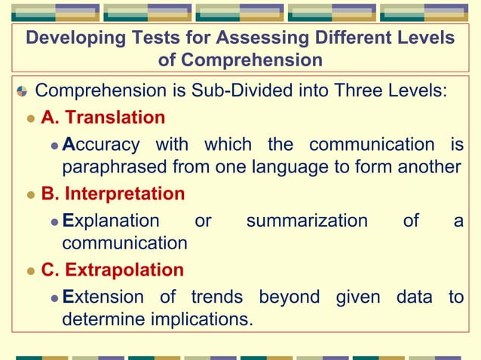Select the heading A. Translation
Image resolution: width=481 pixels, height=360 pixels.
click(x=103, y=117)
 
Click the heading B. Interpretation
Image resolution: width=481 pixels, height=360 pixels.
click(x=113, y=194)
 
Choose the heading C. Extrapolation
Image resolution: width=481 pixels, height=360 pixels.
click(x=112, y=270)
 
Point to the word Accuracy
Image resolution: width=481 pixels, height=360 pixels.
click(x=101, y=144)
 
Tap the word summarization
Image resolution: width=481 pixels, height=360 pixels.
click(x=307, y=221)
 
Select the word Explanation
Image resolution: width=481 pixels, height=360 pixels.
click(x=111, y=221)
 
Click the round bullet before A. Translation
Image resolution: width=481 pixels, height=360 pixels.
click(x=31, y=118)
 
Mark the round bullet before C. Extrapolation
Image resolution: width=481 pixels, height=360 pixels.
click(x=31, y=270)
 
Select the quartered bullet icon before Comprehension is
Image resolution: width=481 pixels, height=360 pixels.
click(x=22, y=92)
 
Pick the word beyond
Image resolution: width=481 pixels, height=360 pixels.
click(x=290, y=297)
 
